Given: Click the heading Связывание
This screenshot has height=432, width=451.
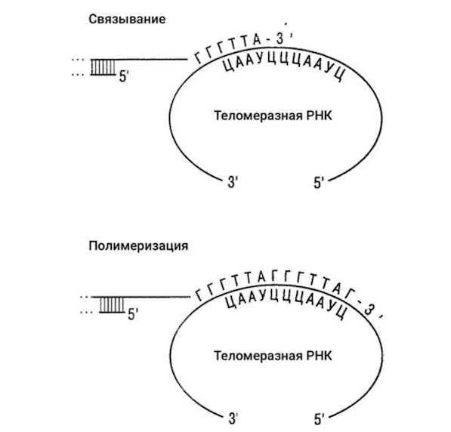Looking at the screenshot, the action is (x=127, y=20).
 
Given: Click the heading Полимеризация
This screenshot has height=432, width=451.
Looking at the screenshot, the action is (x=138, y=246).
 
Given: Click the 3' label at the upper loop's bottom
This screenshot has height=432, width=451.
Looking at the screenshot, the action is (x=233, y=182).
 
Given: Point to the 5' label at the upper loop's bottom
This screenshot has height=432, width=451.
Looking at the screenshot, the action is (x=318, y=183).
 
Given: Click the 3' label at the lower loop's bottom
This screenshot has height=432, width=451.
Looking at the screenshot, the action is (x=233, y=418).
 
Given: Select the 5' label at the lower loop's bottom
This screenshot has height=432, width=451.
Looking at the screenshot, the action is (x=319, y=419).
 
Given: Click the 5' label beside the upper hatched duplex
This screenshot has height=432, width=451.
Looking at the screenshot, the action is (x=124, y=76).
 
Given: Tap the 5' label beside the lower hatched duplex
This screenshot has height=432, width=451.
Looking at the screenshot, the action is (x=133, y=314).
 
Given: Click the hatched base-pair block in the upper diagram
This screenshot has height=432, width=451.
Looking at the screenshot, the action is (x=103, y=67).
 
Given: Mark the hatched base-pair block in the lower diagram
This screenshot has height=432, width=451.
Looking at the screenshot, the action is (x=112, y=304).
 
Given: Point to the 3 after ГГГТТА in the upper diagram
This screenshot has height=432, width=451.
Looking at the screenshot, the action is (x=280, y=39).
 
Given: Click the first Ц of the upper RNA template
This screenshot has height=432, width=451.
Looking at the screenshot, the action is (x=228, y=66).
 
